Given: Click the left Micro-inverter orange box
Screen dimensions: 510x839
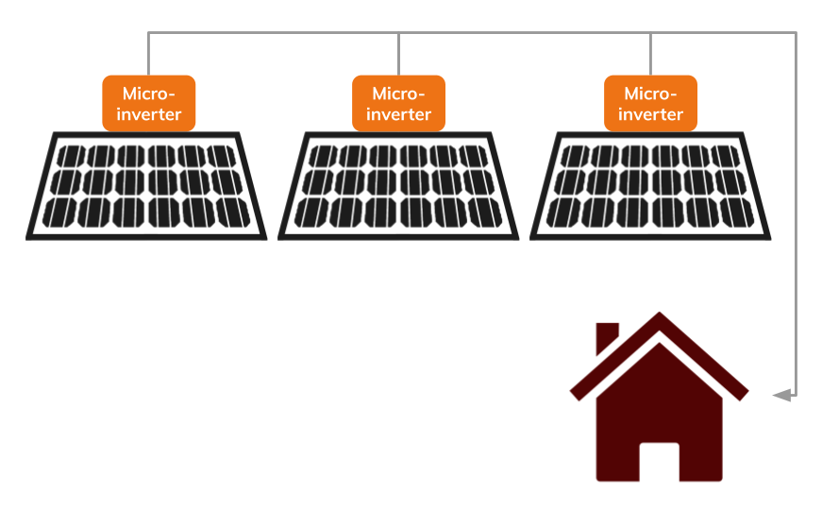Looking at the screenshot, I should (148, 103).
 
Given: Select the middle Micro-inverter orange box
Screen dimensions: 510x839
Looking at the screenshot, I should (398, 103).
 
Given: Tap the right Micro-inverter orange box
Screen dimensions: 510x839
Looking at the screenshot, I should (650, 103).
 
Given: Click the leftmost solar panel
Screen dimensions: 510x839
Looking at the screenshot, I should (146, 185).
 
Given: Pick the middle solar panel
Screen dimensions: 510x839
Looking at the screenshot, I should (398, 185).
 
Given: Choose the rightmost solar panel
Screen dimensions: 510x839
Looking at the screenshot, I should (650, 185).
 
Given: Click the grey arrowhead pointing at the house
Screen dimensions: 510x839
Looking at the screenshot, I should (781, 395).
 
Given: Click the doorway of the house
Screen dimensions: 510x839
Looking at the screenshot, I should (659, 463).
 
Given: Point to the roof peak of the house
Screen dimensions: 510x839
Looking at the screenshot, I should (660, 317).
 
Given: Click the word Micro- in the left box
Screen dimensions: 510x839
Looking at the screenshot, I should (148, 93).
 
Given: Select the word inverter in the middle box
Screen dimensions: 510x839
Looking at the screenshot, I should (398, 114).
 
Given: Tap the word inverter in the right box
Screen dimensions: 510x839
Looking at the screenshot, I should (650, 114).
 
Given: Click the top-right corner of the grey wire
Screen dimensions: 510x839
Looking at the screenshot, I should (796, 33).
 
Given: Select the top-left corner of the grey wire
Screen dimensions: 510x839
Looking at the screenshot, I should (148, 33).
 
